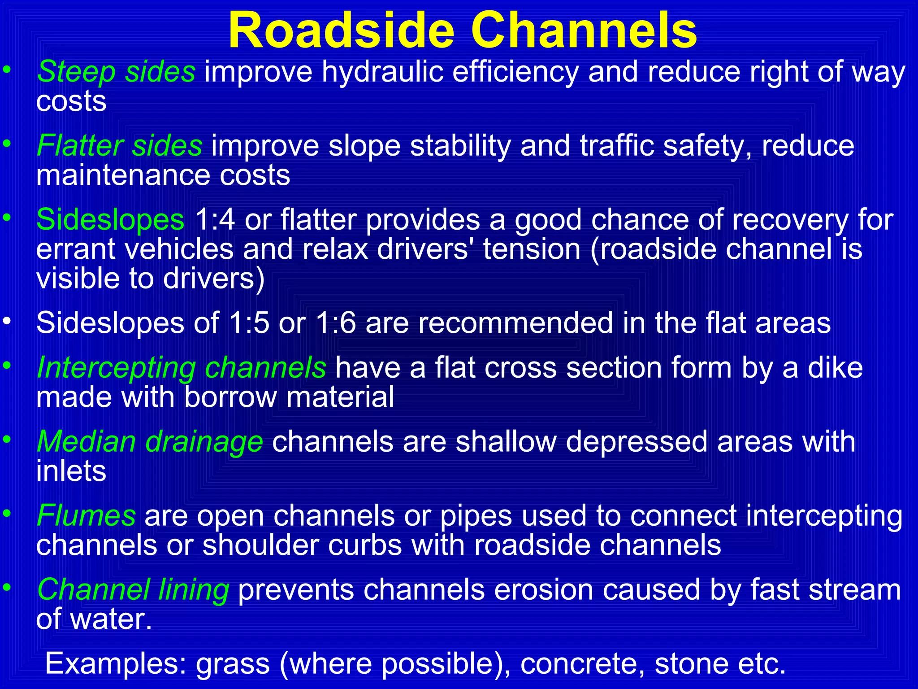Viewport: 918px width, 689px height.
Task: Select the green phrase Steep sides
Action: pyautogui.click(x=116, y=72)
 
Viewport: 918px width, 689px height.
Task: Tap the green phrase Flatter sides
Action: pyautogui.click(x=119, y=146)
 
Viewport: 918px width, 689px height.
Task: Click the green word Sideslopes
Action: pyautogui.click(x=110, y=220)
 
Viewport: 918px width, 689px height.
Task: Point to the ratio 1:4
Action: pyautogui.click(x=215, y=220)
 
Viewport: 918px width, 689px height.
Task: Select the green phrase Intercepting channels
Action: pyautogui.click(x=182, y=368)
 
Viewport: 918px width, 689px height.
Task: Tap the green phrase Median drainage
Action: pyautogui.click(x=150, y=442)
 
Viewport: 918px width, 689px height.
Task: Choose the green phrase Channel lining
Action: pyautogui.click(x=133, y=589)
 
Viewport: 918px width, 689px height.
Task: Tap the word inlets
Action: pyautogui.click(x=71, y=471)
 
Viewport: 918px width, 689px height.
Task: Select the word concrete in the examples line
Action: pyautogui.click(x=582, y=663)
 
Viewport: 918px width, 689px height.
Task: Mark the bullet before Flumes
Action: pyautogui.click(x=6, y=513)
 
